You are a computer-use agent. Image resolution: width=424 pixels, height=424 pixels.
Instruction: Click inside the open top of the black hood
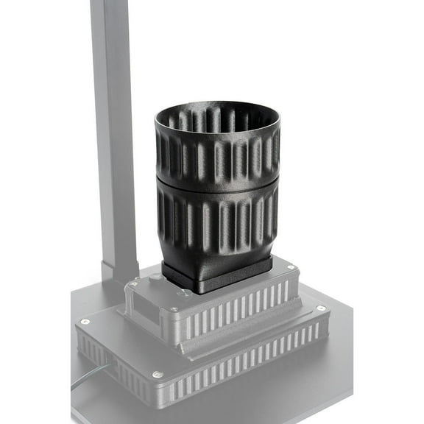point(218,118)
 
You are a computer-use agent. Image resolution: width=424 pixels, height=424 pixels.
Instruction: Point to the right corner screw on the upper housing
point(292,267)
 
